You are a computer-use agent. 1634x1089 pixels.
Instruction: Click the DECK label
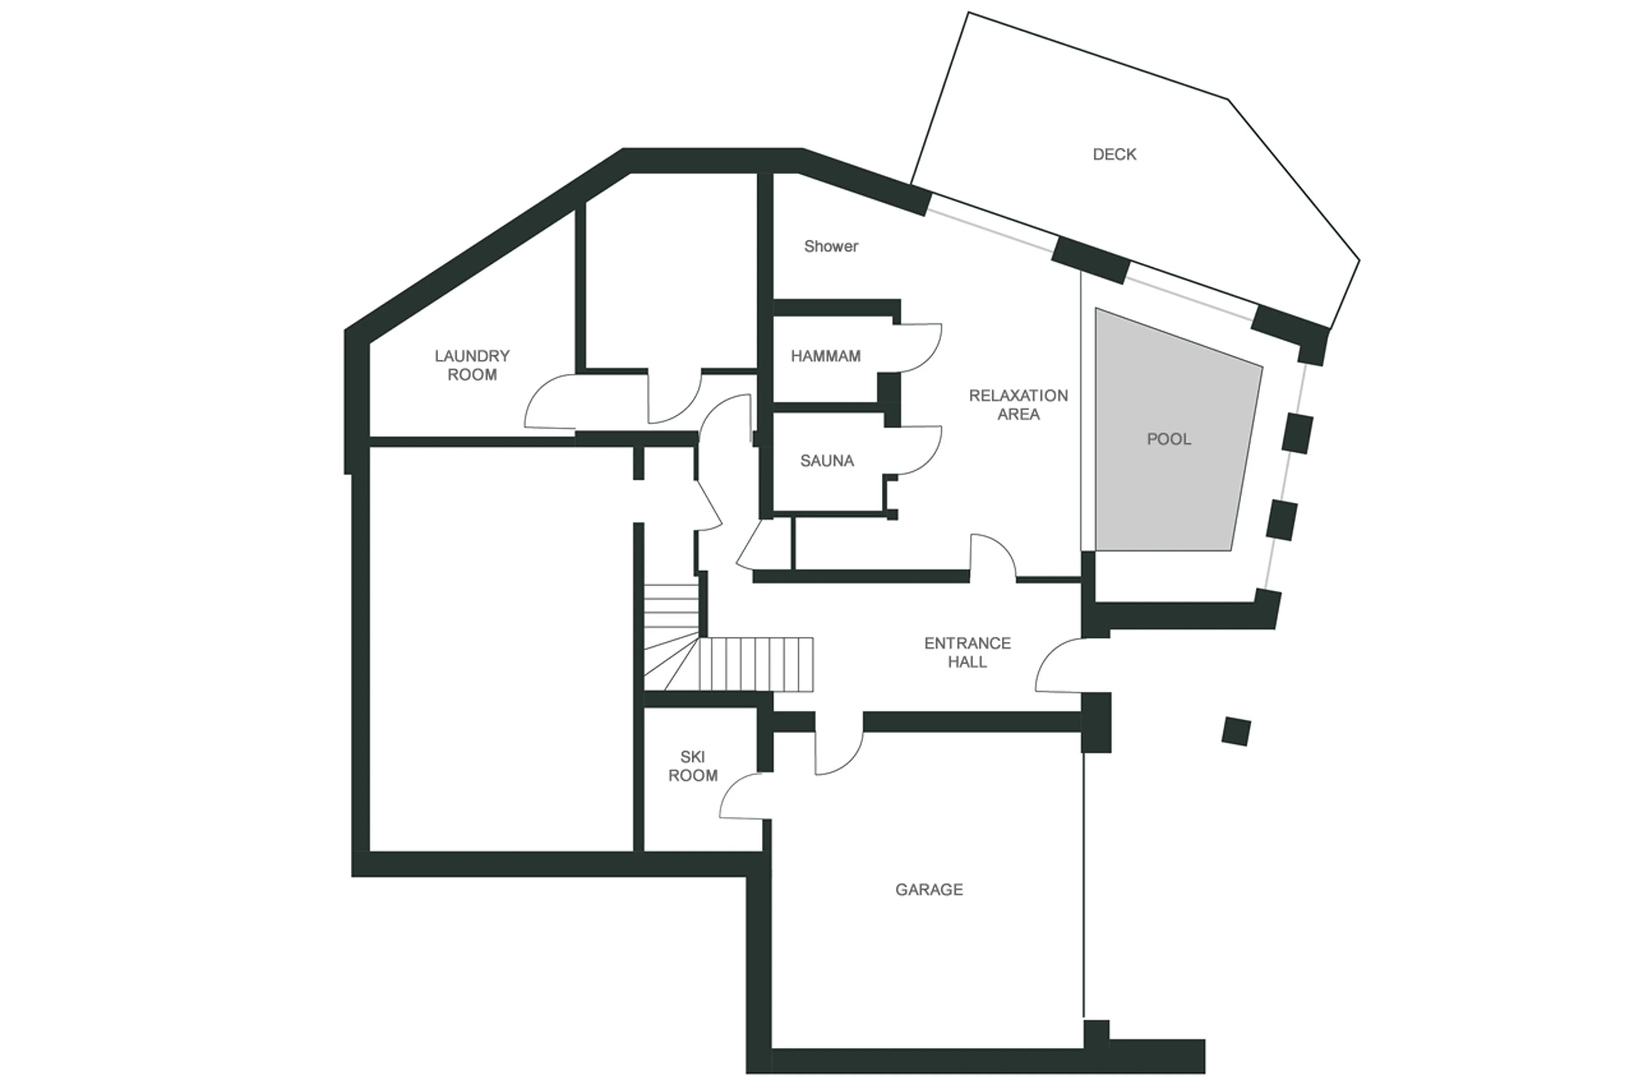point(1114,154)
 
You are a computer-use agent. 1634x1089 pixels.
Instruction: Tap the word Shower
point(831,246)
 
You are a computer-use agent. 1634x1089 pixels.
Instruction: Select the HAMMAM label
point(825,356)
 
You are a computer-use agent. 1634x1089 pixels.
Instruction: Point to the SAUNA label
point(826,460)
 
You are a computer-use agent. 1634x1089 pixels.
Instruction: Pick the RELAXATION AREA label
point(1018,404)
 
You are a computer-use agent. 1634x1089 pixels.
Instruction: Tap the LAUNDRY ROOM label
point(472,365)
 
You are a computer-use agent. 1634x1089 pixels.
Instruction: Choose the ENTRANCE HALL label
point(967,652)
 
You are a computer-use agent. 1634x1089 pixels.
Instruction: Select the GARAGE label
point(928,889)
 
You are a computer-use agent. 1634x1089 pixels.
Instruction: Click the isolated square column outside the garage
point(1235,732)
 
